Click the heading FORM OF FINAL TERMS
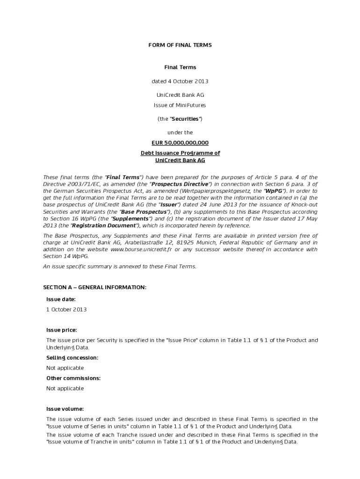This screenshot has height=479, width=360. (x=180, y=45)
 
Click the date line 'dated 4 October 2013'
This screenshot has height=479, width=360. (x=180, y=81)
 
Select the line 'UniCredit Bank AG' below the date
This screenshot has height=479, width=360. (x=180, y=95)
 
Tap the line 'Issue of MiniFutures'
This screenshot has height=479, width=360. (x=180, y=105)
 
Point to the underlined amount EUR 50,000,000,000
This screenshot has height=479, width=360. (x=180, y=143)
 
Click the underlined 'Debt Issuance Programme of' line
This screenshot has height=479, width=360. (x=180, y=153)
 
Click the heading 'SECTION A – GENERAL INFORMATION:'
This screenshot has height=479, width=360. (x=95, y=287)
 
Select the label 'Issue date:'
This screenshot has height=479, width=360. (x=61, y=299)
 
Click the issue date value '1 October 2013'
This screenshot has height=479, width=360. (x=66, y=309)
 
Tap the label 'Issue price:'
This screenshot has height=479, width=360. (x=62, y=330)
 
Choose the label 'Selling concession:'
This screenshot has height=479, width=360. (x=72, y=357)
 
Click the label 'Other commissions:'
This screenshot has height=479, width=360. (x=73, y=378)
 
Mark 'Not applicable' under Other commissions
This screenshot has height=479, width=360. (x=65, y=388)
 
